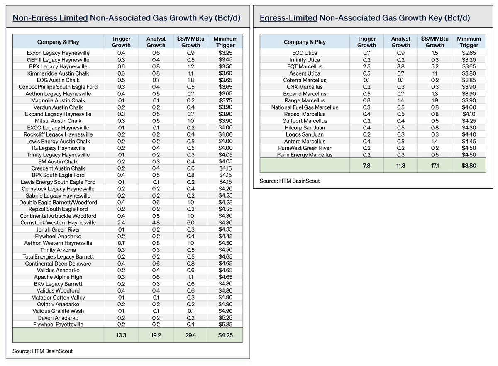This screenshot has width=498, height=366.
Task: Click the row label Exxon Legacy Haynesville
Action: coord(58,53)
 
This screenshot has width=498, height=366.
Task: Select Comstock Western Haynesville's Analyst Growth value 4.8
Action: coord(156,222)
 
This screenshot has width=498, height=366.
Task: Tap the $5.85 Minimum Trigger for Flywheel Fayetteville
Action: coord(225,325)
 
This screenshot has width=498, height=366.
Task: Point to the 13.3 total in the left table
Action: coord(121,335)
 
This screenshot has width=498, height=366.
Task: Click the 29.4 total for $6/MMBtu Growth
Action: coord(190,335)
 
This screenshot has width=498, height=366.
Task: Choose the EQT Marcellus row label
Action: coord(305,66)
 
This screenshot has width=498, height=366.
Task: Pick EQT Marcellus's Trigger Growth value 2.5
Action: coord(366,66)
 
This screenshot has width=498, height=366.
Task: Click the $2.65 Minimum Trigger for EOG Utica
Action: coord(469,53)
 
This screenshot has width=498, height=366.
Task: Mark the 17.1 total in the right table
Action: coord(435,166)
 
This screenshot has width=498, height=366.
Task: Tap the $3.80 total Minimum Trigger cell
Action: coord(469,166)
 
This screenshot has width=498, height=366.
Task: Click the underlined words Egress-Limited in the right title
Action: coord(288,18)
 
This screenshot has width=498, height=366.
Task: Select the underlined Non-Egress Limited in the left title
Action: coord(50,18)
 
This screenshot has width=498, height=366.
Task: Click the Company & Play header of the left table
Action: coord(58,42)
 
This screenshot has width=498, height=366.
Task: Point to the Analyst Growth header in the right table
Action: coord(400,42)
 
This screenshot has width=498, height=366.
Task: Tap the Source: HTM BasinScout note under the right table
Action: coord(290,181)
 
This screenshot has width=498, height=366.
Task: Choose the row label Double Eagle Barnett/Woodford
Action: coord(58,203)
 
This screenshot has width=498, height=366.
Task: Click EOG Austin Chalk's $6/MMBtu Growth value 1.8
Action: coord(190,80)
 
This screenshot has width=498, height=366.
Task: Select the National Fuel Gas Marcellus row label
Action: coord(305,107)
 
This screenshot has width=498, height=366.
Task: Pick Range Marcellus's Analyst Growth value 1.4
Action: coord(400,100)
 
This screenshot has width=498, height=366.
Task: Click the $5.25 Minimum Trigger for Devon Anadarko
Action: coord(225,318)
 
